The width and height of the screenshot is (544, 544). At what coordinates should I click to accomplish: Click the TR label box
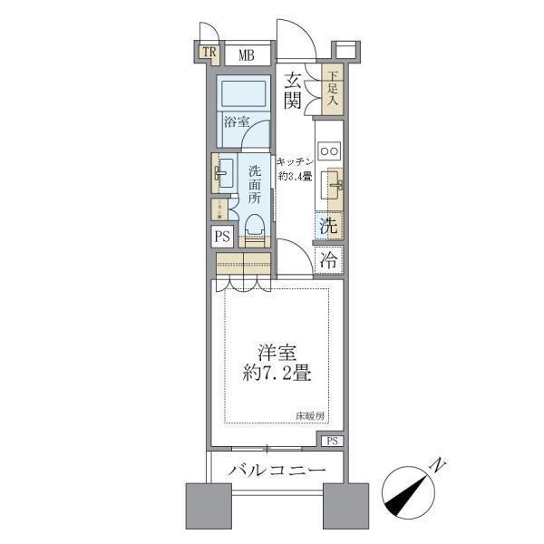[x=209, y=53]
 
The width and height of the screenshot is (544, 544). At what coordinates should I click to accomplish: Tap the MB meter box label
[x=247, y=55]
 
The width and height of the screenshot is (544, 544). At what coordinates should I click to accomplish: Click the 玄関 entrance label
[x=292, y=89]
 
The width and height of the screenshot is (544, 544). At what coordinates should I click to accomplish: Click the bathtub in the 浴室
[x=242, y=93]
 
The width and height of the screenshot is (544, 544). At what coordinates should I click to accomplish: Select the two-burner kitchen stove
[x=328, y=151]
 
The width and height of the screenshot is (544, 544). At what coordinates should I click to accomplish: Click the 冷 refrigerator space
[x=329, y=259]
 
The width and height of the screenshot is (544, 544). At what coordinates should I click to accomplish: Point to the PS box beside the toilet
[x=222, y=237]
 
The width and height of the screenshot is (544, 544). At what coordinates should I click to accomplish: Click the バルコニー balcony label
[x=277, y=471]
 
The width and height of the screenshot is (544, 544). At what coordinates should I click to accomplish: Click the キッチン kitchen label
[x=296, y=159]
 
